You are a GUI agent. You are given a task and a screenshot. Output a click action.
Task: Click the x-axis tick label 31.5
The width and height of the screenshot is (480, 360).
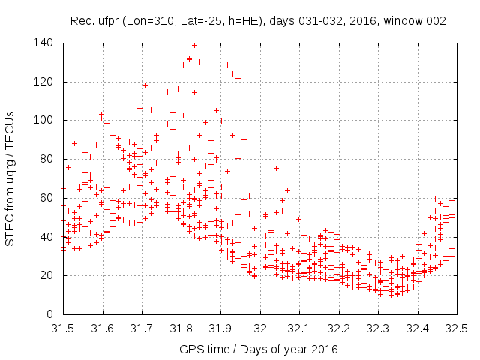63,328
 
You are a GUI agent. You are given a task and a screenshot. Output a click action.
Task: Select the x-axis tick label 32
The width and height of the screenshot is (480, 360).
259,328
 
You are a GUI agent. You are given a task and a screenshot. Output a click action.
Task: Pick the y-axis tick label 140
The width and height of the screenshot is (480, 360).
43,43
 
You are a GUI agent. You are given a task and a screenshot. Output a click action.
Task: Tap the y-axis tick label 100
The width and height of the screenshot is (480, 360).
43,120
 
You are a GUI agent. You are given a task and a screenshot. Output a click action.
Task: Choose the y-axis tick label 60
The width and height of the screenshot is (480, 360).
46,198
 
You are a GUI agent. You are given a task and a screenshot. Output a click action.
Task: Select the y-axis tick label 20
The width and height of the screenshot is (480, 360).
46,275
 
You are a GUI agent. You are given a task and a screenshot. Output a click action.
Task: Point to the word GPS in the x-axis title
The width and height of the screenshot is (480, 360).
191,349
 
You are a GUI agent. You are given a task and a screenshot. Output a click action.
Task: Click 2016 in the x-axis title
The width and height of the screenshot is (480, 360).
324,349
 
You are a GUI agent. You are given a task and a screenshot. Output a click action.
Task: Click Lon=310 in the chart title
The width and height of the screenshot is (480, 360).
148,21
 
